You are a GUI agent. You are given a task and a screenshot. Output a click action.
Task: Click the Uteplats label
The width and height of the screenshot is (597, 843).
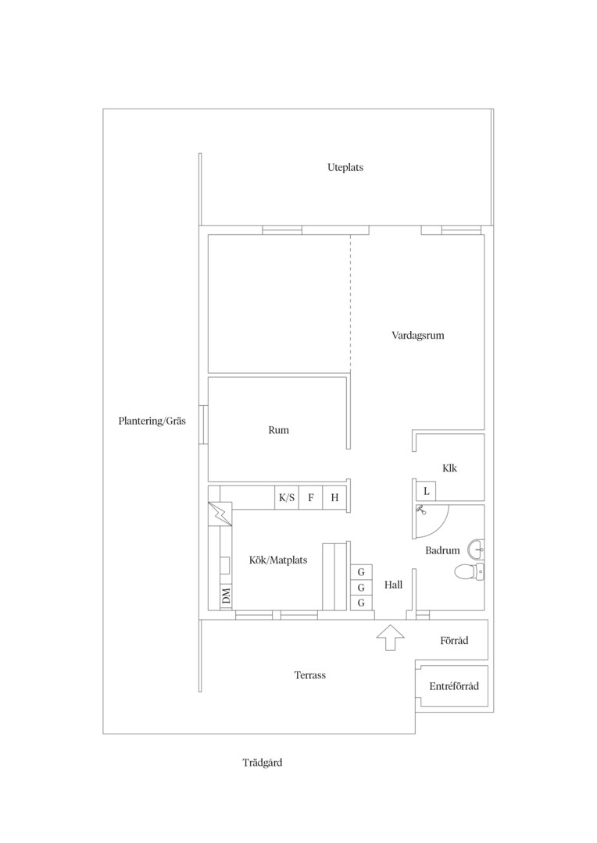345,168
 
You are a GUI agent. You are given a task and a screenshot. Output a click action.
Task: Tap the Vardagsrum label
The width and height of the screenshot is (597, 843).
418,336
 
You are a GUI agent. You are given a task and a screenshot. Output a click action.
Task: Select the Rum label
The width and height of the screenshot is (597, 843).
278,430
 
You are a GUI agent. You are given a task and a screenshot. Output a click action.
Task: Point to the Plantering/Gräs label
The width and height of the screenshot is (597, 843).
152,421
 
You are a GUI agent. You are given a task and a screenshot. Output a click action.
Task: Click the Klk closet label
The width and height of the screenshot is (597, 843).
449,468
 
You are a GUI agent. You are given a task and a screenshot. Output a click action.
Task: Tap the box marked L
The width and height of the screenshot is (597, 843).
426,491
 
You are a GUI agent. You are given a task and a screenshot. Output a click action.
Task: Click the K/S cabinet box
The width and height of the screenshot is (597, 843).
286,498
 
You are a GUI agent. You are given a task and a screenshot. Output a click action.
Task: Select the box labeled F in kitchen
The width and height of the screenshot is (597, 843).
311,498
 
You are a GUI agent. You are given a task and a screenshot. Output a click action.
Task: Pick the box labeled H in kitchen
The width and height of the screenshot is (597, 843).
334,498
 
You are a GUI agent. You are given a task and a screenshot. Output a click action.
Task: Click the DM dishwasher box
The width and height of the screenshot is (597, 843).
226,596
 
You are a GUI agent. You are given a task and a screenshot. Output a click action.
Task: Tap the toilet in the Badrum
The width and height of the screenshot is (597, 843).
469,571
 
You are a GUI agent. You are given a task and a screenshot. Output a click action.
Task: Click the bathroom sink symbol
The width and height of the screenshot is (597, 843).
476,550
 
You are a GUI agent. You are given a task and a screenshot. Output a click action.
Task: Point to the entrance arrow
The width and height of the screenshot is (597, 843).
390,638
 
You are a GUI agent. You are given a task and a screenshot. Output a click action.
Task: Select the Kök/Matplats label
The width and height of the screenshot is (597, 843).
278,560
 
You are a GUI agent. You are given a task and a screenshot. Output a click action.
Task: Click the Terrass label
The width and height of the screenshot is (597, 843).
309,675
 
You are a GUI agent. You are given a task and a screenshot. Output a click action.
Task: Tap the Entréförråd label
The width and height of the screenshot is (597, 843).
454,686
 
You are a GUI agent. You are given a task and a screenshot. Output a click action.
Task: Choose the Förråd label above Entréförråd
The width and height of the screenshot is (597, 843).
454,640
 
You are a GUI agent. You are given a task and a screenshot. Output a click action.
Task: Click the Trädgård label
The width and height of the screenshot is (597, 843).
262,763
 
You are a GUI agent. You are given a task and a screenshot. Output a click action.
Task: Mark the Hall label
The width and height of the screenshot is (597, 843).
393,585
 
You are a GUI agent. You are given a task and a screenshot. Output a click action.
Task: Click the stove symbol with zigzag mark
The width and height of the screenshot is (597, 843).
220,514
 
